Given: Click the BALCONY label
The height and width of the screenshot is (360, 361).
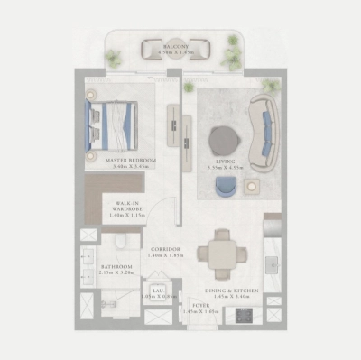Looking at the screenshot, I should (176, 45).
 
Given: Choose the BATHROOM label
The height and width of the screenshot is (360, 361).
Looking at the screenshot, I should (117, 267).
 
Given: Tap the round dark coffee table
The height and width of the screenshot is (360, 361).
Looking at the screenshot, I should (223, 140).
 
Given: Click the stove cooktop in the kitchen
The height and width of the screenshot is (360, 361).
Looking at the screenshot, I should (242, 315).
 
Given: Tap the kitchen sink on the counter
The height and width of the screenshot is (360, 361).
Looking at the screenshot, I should (271, 263).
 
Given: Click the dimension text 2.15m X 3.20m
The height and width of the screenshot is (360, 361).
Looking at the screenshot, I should (117, 274).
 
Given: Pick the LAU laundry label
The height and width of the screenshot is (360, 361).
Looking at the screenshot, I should (159, 288).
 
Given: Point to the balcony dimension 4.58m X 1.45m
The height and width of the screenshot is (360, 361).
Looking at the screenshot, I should (176, 52).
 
